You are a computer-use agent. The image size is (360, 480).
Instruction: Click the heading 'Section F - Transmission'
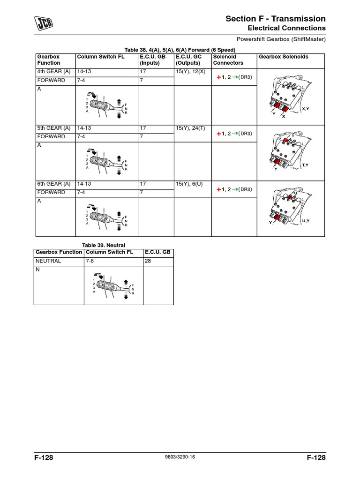coord(275,19)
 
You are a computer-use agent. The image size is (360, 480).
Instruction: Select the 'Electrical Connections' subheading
coord(286,28)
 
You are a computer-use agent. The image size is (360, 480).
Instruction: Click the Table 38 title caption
coord(179,50)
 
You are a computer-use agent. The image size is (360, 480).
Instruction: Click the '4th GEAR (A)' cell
coord(53,72)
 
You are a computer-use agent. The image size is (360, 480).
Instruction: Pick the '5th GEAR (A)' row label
coord(53,128)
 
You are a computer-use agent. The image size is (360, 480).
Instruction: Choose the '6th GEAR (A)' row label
coord(53,184)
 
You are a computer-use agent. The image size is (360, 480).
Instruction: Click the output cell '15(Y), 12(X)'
coord(190,72)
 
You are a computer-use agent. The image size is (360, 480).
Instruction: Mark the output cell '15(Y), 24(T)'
coord(190,128)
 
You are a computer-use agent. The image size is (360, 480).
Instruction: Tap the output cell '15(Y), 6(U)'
coord(189,184)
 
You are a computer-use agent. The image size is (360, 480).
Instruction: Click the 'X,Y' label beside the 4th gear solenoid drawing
coord(306,109)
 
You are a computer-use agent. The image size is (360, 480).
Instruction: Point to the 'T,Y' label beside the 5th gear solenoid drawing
coord(306,165)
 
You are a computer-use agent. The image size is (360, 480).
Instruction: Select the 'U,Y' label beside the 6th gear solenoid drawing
coord(306,220)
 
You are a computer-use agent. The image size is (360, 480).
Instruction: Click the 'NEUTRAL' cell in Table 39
coord(48,261)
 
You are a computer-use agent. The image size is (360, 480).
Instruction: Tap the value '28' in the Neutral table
coord(148,261)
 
